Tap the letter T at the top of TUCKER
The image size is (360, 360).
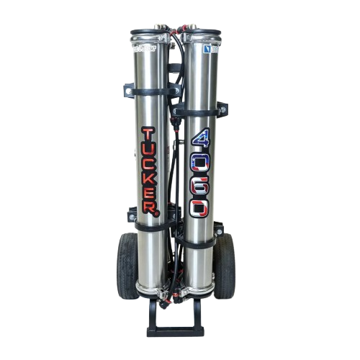pyautogui.click(x=149, y=135)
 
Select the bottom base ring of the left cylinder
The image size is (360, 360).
pyautogui.click(x=153, y=290)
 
